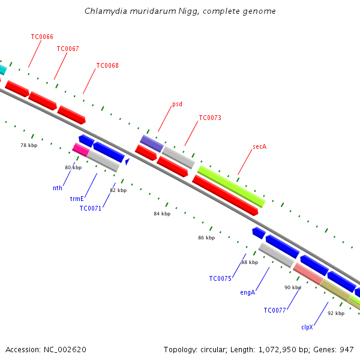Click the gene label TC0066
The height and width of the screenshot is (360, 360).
(42, 37)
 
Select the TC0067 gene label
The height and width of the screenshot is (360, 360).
(68, 49)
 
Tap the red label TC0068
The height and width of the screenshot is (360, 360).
(107, 65)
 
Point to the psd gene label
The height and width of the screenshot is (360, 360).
(177, 104)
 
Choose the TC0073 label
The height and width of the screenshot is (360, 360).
(210, 118)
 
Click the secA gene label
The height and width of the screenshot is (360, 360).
(259, 146)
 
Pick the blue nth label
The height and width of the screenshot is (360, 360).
(58, 188)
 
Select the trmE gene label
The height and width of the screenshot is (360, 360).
(76, 198)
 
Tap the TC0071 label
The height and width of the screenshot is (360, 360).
(91, 208)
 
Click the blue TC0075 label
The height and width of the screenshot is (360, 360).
(220, 278)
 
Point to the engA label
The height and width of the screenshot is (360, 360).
(248, 292)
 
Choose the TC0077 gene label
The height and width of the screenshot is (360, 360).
(275, 310)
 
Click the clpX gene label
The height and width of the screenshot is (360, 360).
(307, 328)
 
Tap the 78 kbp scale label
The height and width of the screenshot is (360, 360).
(29, 145)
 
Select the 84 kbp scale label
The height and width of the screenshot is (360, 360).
(162, 214)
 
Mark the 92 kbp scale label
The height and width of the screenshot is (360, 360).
(336, 313)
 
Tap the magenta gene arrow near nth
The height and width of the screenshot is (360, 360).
(80, 148)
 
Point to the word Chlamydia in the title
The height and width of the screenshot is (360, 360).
(103, 11)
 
